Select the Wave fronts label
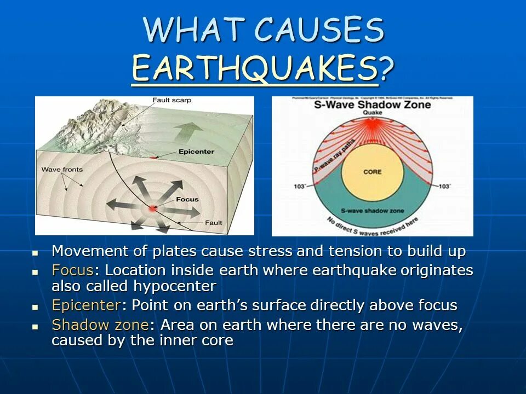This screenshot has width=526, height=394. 62,170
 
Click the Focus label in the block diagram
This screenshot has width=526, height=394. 188,200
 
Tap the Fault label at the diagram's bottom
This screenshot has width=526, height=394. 213,223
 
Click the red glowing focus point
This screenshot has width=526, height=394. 153,208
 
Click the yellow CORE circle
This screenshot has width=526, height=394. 372,173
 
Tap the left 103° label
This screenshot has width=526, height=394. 300,187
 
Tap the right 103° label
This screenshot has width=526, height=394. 445,187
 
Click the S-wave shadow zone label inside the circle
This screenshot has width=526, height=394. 372,211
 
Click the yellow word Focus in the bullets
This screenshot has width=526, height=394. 72,271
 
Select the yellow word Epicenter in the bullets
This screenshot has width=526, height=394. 85,305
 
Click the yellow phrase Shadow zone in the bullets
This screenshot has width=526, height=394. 100,325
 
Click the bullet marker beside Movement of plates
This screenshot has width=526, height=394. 35,253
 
